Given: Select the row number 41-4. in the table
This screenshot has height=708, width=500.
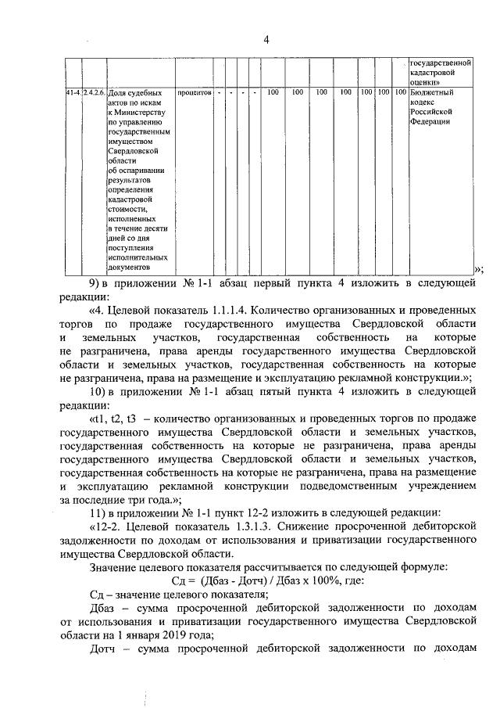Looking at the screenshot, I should [73, 92].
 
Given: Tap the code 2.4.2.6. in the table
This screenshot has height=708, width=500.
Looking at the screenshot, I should [94, 92].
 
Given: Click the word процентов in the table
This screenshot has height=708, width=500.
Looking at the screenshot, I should [195, 92].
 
